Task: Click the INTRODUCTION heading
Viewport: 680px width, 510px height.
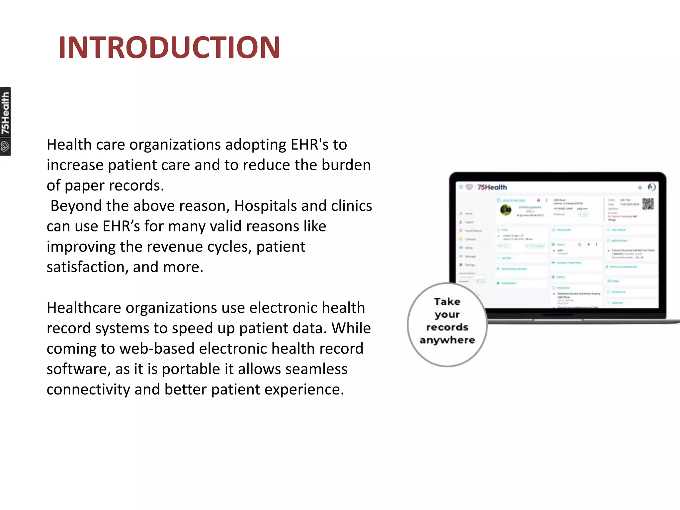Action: point(169,47)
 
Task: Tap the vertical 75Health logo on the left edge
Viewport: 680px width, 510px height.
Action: point(5,121)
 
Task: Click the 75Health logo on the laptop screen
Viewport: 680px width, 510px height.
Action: point(491,187)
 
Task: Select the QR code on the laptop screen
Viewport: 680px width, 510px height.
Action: point(647,204)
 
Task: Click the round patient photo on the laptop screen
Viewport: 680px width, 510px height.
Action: point(506,210)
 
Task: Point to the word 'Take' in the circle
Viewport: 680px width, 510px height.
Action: point(447,301)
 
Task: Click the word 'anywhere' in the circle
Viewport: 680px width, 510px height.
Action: point(447,340)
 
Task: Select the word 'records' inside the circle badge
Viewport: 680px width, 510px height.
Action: point(447,327)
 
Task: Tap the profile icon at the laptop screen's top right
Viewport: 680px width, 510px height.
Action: point(651,187)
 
